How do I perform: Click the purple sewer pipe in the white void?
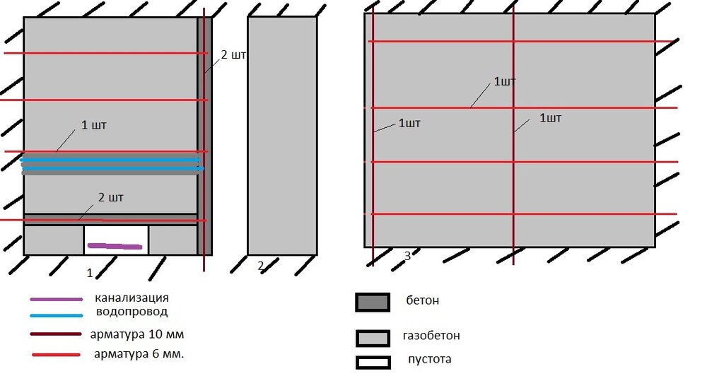115,246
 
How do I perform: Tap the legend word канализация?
132,298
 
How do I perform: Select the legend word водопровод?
132,312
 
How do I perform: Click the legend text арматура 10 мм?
137,334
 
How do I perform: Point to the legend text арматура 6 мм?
139,354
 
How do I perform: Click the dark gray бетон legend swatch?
373,302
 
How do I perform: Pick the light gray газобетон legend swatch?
373,338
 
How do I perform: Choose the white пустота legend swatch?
373,363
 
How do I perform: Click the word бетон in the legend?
423,300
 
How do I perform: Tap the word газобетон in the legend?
431,336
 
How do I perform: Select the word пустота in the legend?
429,359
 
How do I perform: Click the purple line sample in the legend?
57,300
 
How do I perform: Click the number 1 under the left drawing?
90,273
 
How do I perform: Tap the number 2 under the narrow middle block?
260,266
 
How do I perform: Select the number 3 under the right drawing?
408,256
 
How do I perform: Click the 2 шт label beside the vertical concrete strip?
233,55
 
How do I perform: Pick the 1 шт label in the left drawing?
94,125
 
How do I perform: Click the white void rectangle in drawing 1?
117,240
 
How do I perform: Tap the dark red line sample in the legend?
56,334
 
